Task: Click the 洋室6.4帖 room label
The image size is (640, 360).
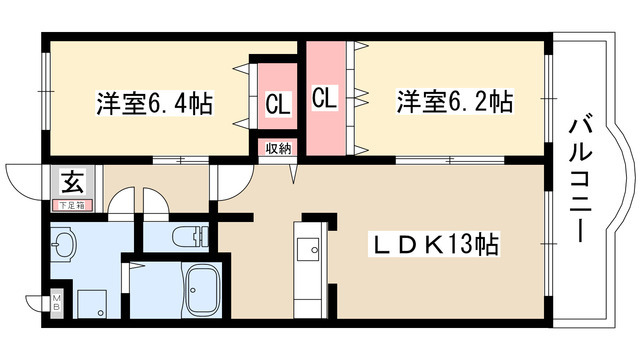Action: click(x=154, y=102)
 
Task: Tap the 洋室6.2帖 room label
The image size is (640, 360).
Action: click(x=454, y=102)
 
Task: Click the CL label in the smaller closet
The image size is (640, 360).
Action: click(x=277, y=103)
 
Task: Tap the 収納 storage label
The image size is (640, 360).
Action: click(x=278, y=148)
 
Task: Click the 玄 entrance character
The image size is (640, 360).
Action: click(x=72, y=181)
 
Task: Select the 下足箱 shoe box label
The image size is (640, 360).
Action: click(x=72, y=205)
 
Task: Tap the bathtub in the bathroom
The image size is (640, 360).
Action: click(x=205, y=292)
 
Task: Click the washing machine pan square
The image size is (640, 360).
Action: click(x=94, y=304)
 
